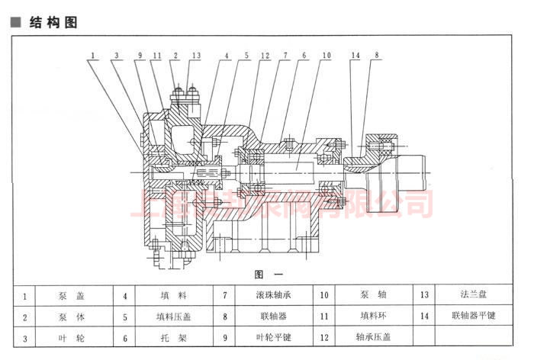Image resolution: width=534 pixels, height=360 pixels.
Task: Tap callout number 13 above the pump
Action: tap(197, 55)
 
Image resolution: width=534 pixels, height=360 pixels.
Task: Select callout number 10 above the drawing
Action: tap(326, 55)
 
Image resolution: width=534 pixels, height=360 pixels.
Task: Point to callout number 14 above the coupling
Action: tap(355, 55)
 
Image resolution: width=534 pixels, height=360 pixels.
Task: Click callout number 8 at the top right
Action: tap(376, 55)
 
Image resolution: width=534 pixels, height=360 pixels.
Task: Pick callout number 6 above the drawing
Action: tap(303, 55)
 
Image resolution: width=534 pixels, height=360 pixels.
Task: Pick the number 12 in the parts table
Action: tap(324, 336)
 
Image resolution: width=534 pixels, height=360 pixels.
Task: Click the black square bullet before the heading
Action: tap(14, 23)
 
